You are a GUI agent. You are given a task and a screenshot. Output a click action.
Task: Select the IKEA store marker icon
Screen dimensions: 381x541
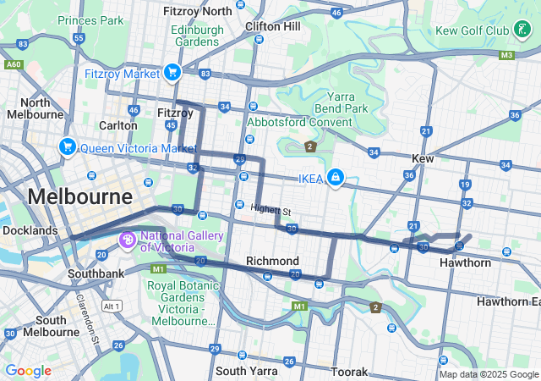pos(336,176)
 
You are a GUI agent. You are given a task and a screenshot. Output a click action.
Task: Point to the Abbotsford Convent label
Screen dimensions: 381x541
pos(298,121)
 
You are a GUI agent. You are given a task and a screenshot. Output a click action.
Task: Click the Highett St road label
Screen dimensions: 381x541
pos(270,210)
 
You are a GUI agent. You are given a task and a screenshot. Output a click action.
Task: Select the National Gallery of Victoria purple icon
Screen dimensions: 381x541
pos(128,240)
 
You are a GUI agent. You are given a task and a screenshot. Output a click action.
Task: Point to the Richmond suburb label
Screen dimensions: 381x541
pos(271,261)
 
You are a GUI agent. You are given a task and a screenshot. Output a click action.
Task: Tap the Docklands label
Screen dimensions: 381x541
pos(30,230)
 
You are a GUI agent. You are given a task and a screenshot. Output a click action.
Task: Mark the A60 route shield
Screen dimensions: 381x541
pos(13,64)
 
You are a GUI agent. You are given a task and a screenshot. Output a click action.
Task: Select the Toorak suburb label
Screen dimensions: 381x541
pos(349,372)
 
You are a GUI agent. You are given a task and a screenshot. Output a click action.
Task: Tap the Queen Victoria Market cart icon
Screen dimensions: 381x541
pos(67,147)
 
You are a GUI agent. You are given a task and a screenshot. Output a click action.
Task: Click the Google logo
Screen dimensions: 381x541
pos(28,371)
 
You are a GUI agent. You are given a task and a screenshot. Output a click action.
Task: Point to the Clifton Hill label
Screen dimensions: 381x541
pos(272,26)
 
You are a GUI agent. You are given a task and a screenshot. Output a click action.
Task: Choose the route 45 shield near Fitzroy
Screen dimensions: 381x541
pos(171,125)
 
